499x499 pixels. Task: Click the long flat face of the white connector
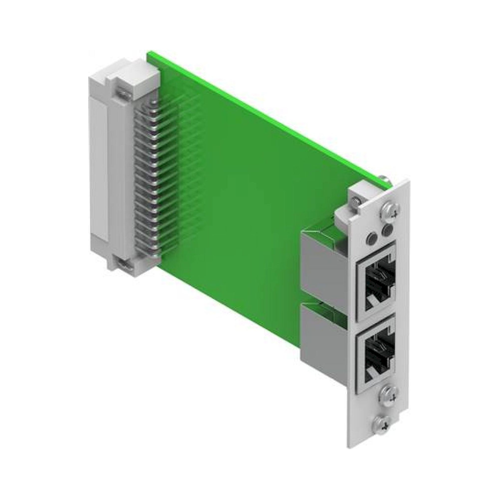pos(98,168)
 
